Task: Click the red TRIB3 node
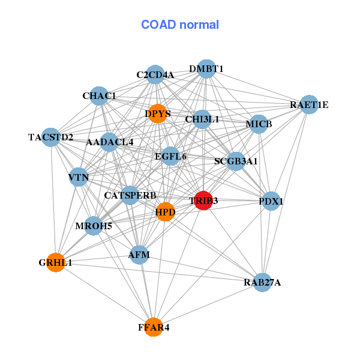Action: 203,201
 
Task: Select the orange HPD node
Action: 165,212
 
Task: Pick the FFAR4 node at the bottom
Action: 154,327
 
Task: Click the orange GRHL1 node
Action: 55,262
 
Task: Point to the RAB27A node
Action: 262,282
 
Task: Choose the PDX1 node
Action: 271,202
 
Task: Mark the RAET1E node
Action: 308,105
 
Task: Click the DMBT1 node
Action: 206,69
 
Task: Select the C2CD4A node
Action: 155,75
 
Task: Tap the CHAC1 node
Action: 99,95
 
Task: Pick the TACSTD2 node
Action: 51,137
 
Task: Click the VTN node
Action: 79,178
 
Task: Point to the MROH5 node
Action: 93,226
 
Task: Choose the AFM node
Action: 139,255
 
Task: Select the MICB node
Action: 259,124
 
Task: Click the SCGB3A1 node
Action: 236,161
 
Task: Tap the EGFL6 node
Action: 170,157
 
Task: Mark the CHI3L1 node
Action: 202,119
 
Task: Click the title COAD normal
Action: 180,25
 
